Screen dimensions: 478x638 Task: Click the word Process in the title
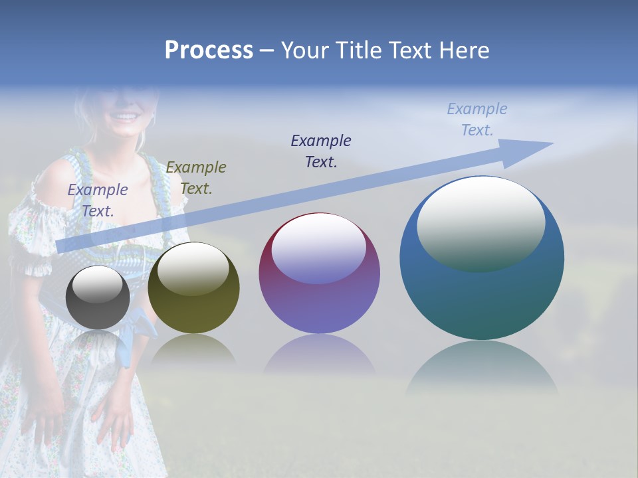pos(209,50)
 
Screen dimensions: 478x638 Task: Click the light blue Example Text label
pos(477,119)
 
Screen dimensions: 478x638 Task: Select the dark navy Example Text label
pos(321,151)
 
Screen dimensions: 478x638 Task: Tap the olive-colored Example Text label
pos(196,177)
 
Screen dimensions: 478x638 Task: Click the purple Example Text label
pos(98,200)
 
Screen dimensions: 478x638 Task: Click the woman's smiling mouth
pos(126,117)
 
